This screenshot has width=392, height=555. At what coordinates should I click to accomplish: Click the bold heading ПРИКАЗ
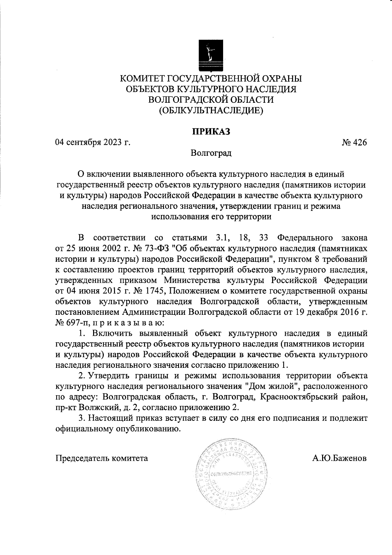(x=211, y=132)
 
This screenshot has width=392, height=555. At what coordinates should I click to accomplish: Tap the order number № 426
(x=354, y=143)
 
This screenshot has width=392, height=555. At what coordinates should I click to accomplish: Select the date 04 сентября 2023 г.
(x=92, y=143)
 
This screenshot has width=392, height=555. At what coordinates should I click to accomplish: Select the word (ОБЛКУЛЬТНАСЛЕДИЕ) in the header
(x=211, y=111)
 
